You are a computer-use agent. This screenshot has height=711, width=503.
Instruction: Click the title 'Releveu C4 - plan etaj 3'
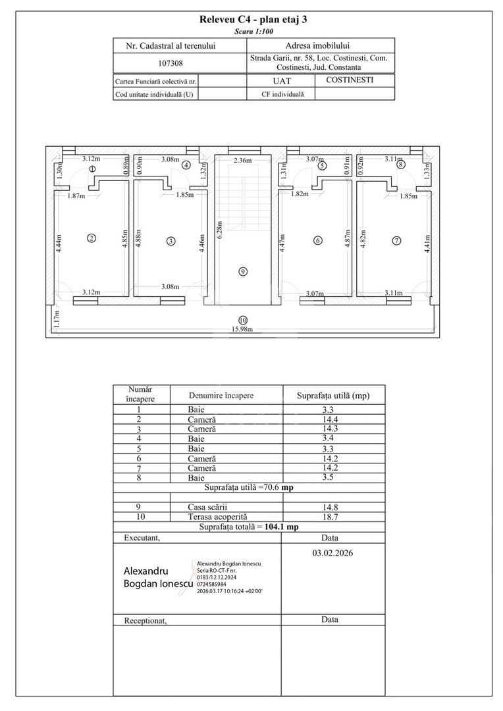253,20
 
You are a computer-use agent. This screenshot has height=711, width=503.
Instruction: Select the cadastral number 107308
171,63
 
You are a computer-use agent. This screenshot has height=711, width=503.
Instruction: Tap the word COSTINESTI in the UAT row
350,80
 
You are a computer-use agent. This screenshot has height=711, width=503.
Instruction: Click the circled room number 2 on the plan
92,238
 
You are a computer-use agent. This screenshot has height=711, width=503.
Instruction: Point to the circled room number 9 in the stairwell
243,272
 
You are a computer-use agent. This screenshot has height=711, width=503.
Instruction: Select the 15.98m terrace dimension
242,329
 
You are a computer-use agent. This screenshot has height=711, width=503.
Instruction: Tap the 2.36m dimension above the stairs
243,160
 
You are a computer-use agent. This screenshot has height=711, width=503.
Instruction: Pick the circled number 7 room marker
396,241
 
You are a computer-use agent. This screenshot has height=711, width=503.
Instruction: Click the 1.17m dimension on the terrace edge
56,319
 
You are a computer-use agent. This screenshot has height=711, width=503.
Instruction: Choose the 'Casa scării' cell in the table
207,508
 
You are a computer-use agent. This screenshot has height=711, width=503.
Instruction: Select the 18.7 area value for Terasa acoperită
331,517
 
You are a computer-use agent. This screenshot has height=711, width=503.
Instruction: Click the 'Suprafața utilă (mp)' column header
333,396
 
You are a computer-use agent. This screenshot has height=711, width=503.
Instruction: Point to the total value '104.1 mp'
282,527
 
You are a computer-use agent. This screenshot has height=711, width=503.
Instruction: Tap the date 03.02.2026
332,553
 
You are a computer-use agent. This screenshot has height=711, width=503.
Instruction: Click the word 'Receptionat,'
146,621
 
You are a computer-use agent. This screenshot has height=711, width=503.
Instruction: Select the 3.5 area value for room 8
327,477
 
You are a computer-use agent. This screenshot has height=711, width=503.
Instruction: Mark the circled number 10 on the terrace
243,321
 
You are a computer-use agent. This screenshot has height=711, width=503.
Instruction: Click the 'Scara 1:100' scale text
253,32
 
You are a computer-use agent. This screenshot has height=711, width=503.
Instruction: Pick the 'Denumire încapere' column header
221,396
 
